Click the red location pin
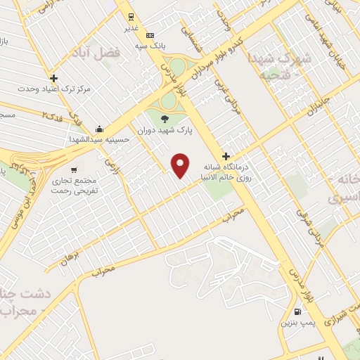[x=181, y=165]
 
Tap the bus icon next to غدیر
[x=130, y=18]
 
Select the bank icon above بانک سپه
[x=149, y=35]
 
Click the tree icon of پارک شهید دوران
[x=166, y=118]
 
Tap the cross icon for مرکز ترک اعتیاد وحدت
[x=54, y=78]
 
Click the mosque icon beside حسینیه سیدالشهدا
[x=100, y=129]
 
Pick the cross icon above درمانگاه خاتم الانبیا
[x=226, y=156]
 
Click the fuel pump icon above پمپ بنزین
[x=297, y=311]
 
